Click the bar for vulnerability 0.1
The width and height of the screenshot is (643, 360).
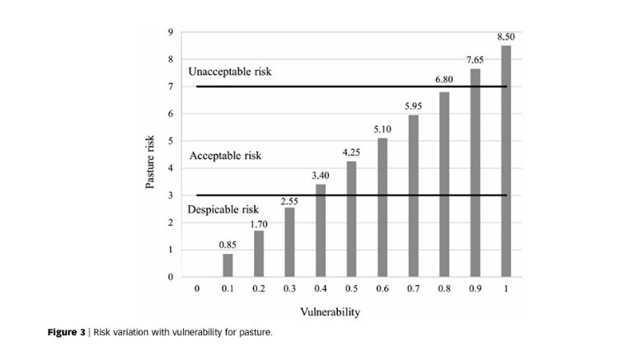228,265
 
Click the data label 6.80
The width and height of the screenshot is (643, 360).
444,80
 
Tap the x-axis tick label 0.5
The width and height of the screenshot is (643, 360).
351,289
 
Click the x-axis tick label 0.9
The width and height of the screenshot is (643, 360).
476,289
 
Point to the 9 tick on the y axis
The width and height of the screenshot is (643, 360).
170,32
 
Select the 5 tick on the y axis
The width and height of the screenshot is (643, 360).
170,141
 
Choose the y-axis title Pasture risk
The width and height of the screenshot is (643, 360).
151,161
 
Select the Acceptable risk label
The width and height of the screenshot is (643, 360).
225,156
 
